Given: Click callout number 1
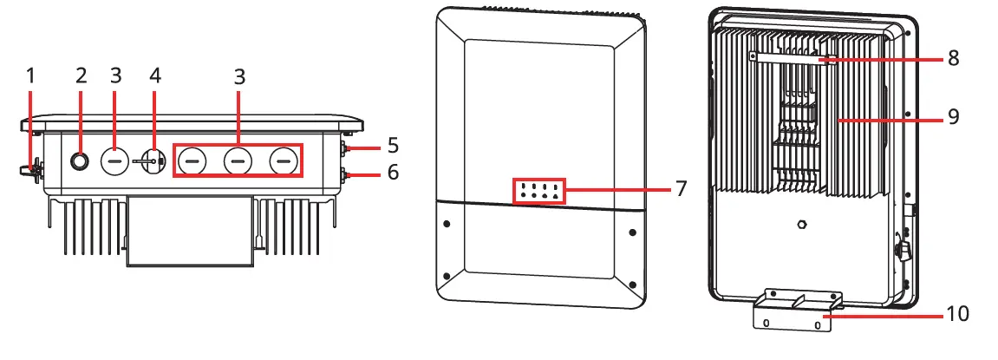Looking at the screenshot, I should point(31,76).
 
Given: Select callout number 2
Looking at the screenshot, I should point(82,76).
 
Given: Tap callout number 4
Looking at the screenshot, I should point(155,76).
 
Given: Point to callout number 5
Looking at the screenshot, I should point(393,144).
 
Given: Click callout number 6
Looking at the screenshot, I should point(393,173).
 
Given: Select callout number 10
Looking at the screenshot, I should point(957,313).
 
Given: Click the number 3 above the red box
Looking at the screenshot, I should point(238,76).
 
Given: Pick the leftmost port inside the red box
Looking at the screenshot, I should point(192,160).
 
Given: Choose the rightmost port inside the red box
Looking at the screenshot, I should point(283,160).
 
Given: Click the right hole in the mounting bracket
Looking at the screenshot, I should point(818,326).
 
